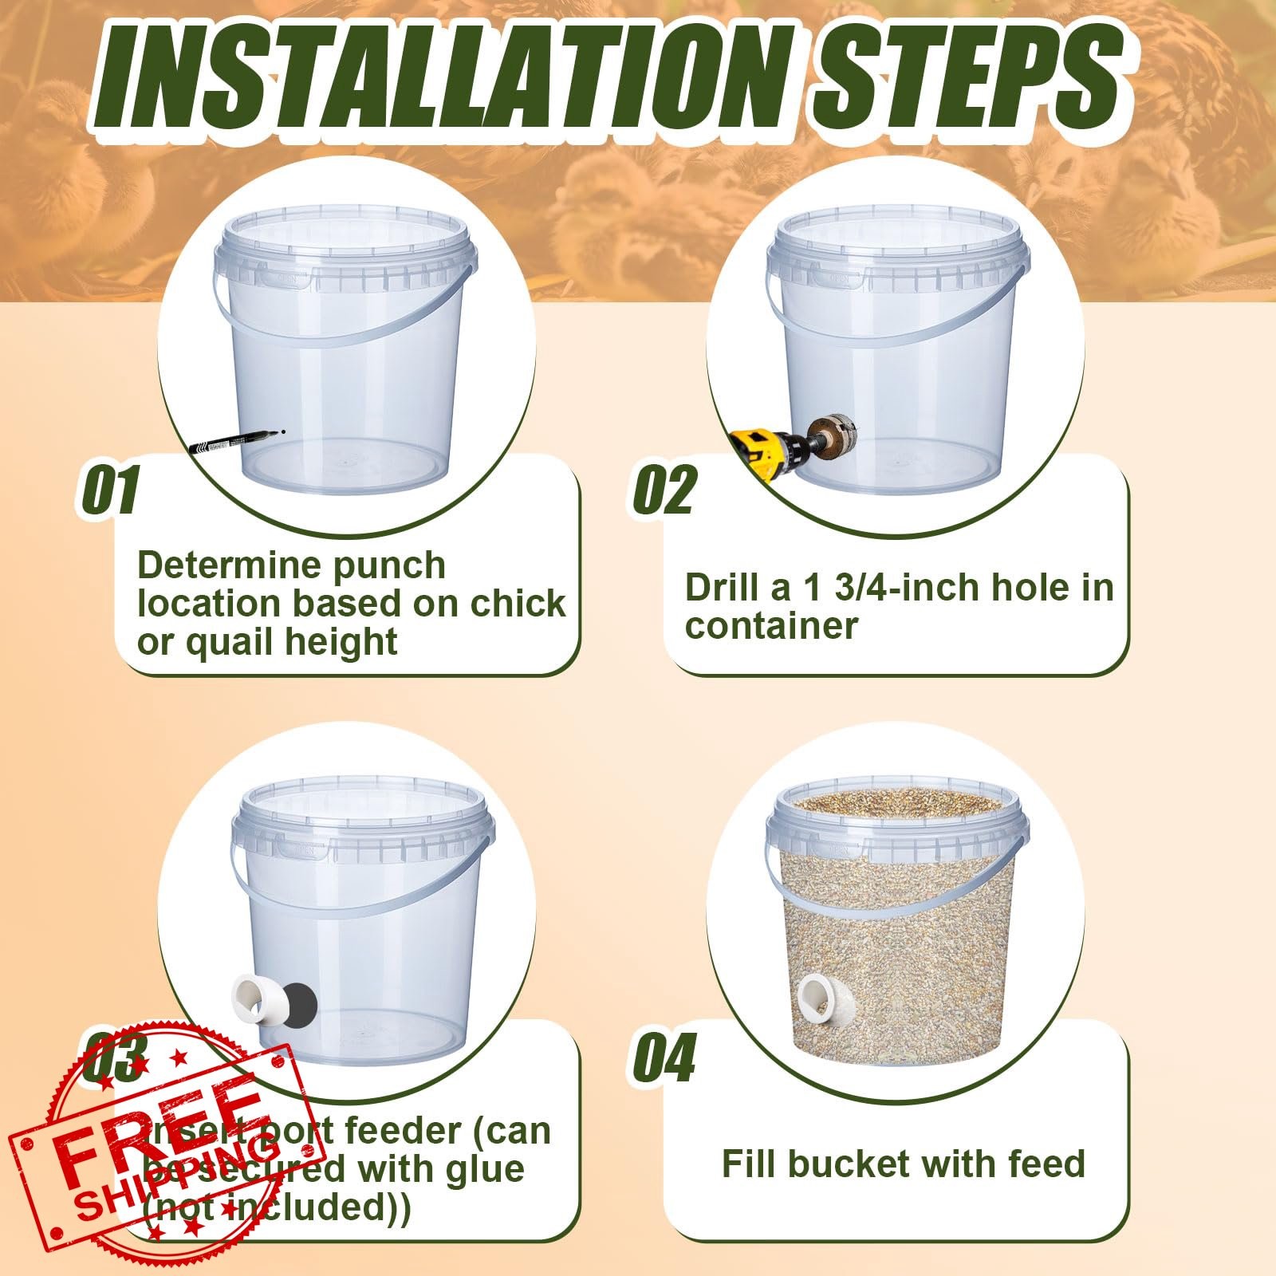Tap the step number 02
click(x=664, y=490)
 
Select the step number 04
click(x=664, y=1057)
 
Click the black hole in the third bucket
click(x=297, y=1002)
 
